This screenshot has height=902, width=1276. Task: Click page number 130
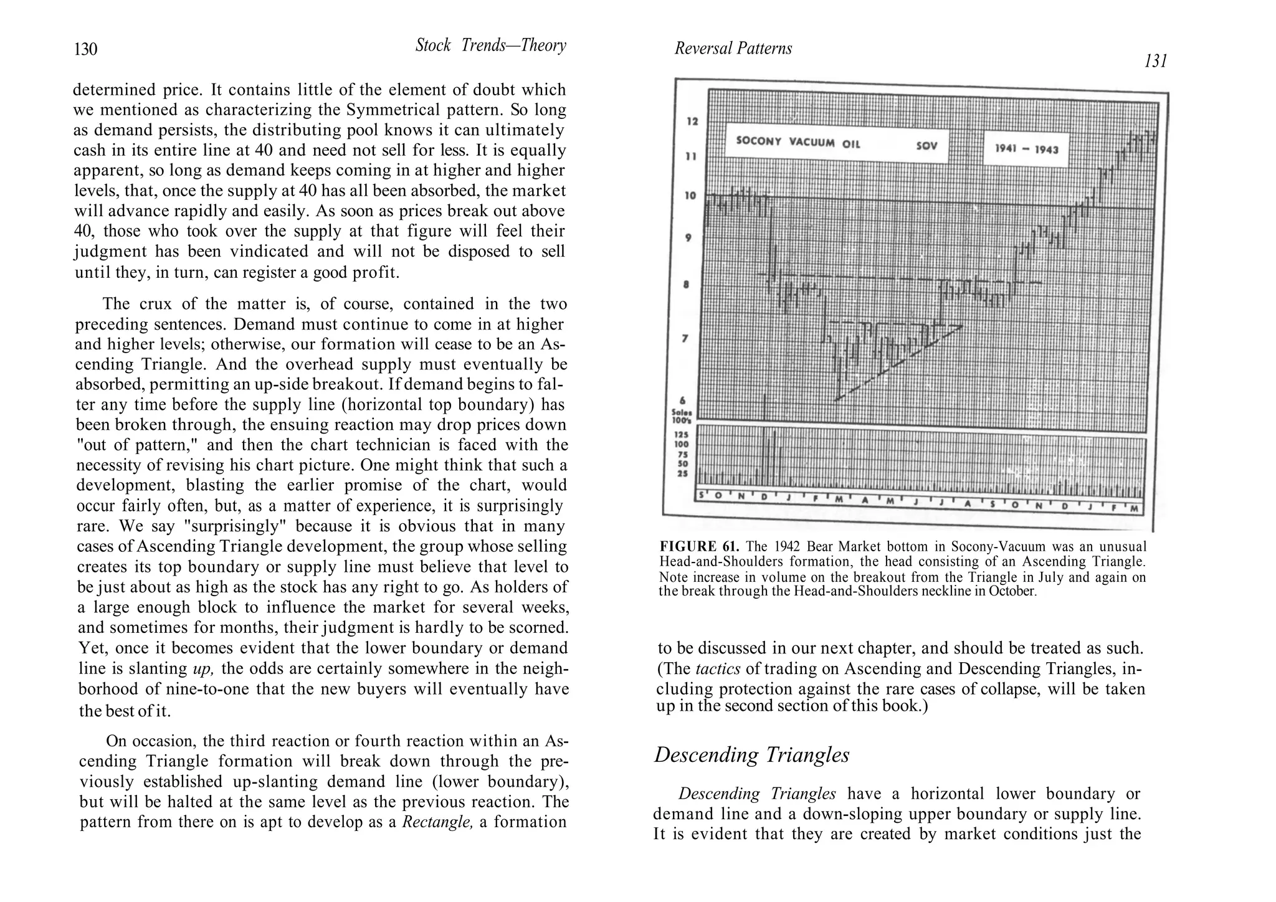coord(85,49)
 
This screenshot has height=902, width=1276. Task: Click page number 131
coord(1155,62)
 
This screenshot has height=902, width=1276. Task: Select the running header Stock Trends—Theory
coord(490,45)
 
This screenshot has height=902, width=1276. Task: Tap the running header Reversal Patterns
coord(733,49)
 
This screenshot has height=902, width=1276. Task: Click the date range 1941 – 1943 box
coord(1026,148)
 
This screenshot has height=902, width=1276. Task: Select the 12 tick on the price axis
coord(692,121)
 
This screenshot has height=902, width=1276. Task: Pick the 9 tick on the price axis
coord(688,238)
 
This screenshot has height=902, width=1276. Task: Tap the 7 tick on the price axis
coord(686,339)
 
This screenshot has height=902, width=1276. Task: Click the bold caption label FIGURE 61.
coord(699,547)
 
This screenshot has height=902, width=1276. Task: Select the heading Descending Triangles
coord(751,755)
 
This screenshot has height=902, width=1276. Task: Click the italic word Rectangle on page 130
coord(437,822)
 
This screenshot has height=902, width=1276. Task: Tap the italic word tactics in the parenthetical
coord(717,669)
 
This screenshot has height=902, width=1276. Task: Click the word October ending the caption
coord(1012,591)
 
